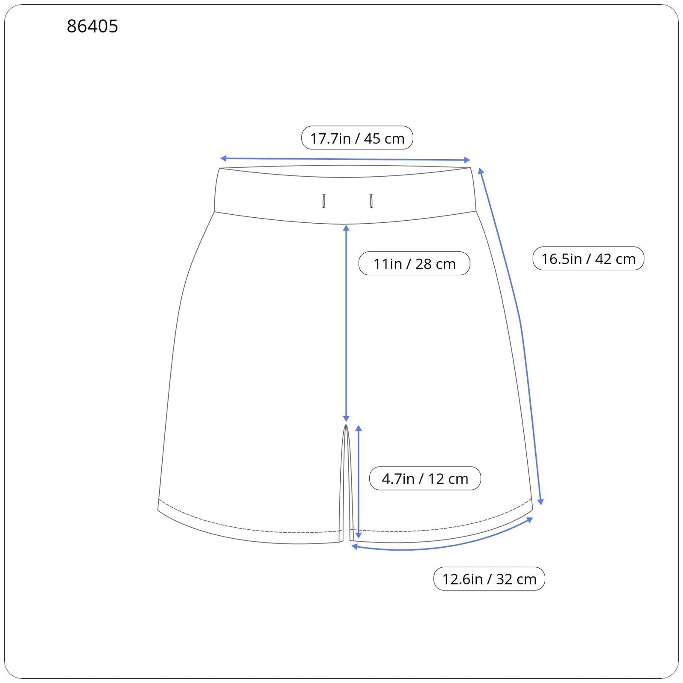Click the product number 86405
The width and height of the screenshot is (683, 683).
[92, 26]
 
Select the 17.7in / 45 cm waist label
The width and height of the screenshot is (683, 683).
[357, 138]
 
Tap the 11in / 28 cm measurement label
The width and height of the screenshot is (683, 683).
[414, 263]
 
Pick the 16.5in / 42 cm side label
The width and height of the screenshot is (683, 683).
[588, 258]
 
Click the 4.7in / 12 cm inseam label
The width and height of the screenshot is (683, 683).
[425, 478]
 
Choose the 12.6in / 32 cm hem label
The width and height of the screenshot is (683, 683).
[489, 579]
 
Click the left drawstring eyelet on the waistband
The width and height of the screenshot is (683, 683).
[324, 201]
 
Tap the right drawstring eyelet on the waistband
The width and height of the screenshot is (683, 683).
[371, 201]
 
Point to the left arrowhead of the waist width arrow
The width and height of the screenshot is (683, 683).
[222, 158]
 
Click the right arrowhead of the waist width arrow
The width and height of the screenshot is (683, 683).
[467, 160]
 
